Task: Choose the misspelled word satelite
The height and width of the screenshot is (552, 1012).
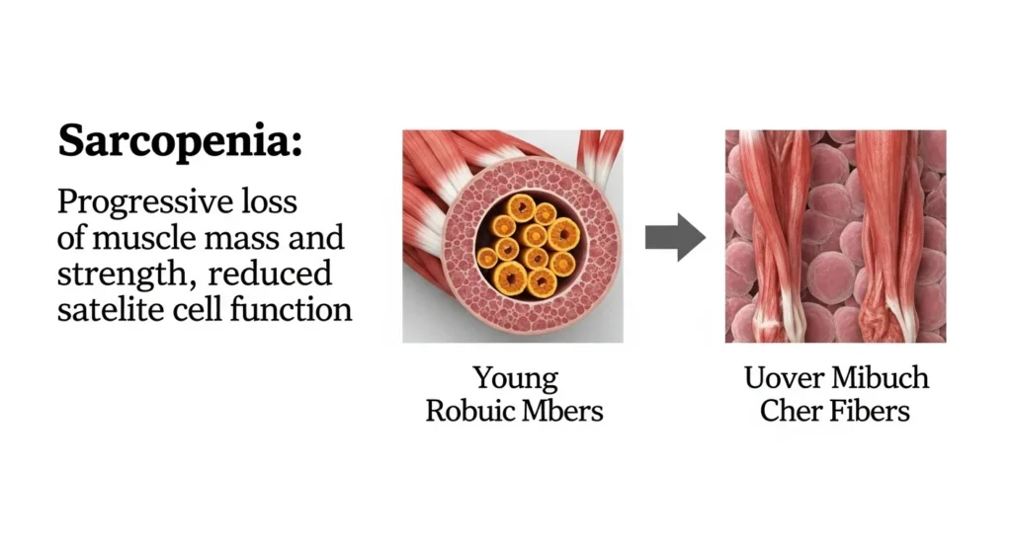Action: pos(107,308)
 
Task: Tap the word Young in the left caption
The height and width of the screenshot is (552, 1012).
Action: pos(514,378)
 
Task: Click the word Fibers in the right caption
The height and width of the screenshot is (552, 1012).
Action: pos(867,411)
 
